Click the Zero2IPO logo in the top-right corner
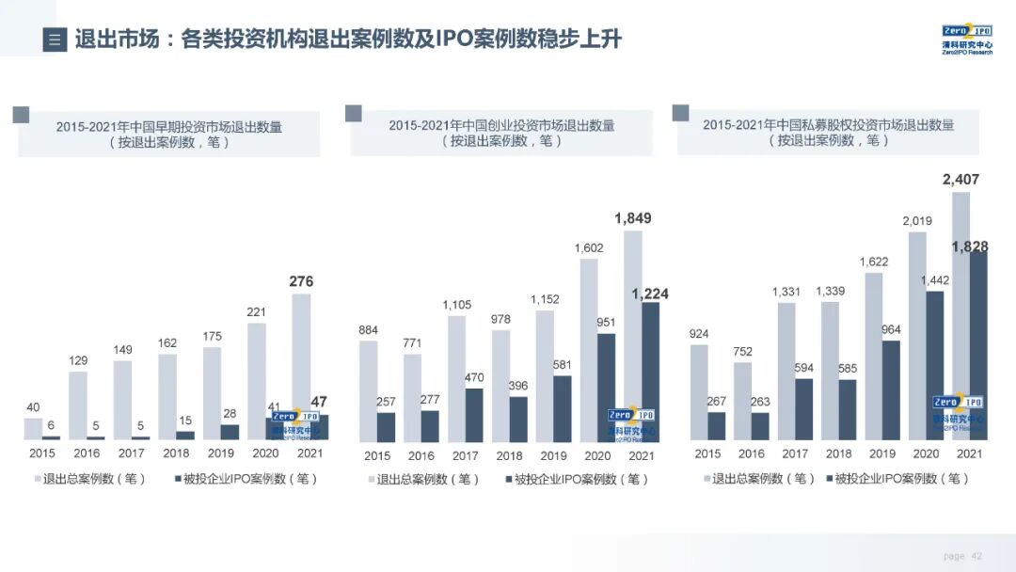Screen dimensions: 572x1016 click(x=966, y=39)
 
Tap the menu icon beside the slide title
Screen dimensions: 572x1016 click(x=55, y=40)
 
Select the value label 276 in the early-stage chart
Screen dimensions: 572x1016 click(x=301, y=281)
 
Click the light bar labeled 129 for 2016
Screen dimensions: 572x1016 click(x=77, y=405)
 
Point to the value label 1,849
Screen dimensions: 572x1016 click(x=632, y=218)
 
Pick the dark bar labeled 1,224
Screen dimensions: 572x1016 click(x=650, y=372)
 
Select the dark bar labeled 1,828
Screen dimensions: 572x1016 click(x=978, y=345)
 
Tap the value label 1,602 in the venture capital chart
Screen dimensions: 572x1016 click(x=588, y=247)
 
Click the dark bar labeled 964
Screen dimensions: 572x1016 click(x=891, y=390)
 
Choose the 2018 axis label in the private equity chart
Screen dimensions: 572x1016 click(x=839, y=453)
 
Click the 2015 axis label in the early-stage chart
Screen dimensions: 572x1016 click(x=42, y=453)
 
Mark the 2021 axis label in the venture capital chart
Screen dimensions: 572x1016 click(x=641, y=455)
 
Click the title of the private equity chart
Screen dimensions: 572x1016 click(x=828, y=133)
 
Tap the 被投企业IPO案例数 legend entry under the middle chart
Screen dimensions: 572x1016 click(x=578, y=479)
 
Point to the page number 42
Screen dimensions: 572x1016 click(x=976, y=556)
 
